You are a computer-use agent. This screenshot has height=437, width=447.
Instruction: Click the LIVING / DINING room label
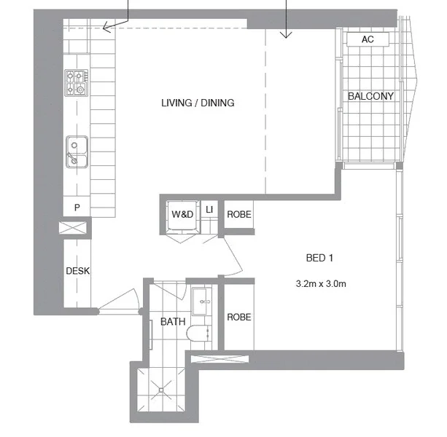[198, 103]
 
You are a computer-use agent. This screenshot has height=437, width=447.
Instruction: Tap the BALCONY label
[370, 96]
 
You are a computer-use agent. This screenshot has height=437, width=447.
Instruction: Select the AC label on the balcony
[368, 39]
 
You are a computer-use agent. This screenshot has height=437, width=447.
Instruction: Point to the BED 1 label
[319, 258]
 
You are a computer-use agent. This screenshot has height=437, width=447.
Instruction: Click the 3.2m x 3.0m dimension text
[321, 283]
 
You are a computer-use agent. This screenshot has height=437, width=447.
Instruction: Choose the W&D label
[182, 214]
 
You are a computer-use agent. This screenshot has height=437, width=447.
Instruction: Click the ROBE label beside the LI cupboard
[239, 214]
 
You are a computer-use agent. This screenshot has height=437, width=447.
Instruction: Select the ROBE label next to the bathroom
[238, 318]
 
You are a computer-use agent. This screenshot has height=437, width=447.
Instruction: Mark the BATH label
[173, 321]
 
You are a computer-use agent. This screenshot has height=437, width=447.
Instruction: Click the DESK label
[77, 270]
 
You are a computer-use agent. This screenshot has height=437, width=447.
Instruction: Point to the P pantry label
[77, 208]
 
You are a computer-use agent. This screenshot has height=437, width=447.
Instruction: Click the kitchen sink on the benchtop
[76, 151]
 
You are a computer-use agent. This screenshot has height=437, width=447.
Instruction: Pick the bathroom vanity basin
[203, 299]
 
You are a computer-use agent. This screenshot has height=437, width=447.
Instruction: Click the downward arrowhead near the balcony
[286, 34]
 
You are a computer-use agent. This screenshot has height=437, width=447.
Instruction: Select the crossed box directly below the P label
[75, 229]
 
